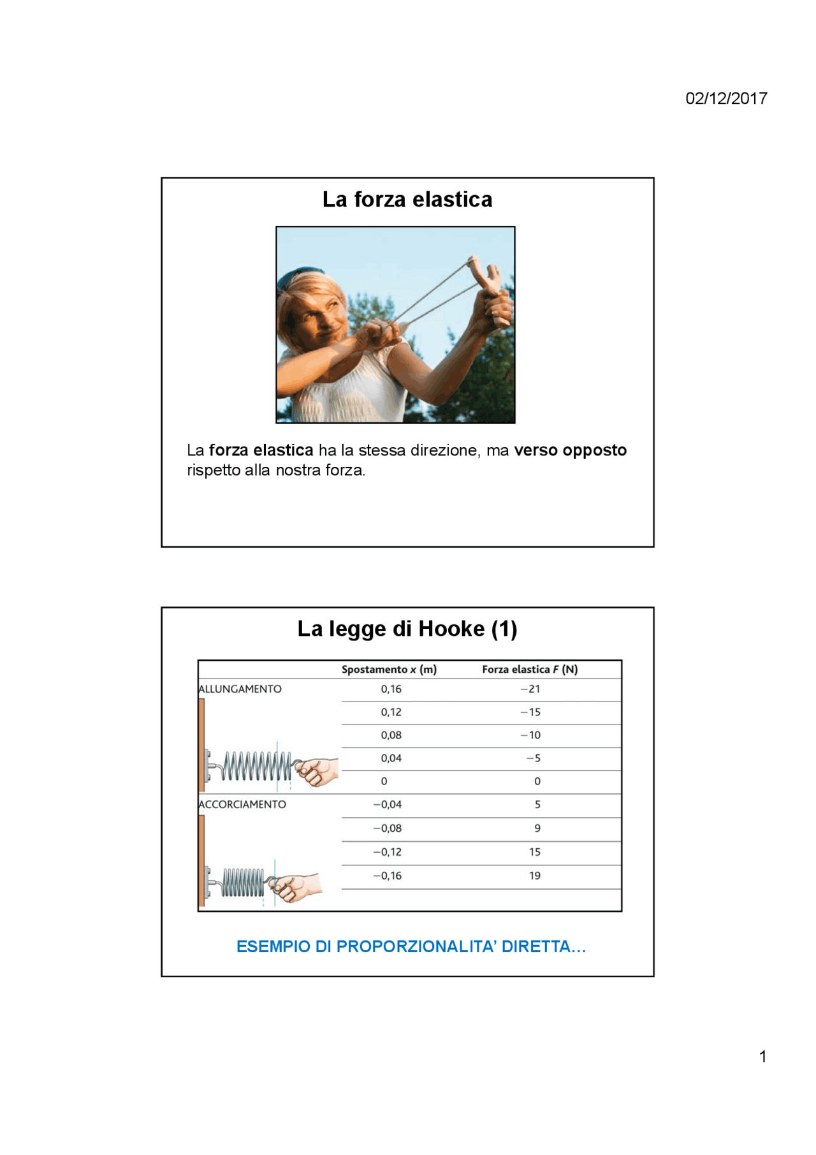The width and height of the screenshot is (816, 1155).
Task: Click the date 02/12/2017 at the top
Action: coord(725,98)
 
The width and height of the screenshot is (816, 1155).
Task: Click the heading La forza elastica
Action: coord(407,200)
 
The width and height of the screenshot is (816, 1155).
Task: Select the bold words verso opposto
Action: coord(570,450)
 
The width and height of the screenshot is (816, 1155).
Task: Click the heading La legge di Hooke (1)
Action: coord(407,629)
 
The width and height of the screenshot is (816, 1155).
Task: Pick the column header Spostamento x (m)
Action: coord(389,669)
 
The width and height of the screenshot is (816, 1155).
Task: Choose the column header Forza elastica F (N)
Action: coord(529,669)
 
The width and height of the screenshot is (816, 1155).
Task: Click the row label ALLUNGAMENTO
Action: coord(240,689)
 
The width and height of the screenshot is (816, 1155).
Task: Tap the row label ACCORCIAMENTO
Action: coord(242,804)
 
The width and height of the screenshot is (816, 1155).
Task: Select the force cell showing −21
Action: coord(530,689)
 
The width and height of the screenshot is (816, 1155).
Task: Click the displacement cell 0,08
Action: coord(391,735)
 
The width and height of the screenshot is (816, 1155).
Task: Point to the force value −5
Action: coord(534,758)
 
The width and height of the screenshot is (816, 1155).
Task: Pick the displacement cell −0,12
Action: coord(388,852)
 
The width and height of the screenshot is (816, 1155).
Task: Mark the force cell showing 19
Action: coord(534,876)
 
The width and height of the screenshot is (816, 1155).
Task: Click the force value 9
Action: coord(537,828)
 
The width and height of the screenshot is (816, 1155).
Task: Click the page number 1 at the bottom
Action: coord(762,1057)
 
